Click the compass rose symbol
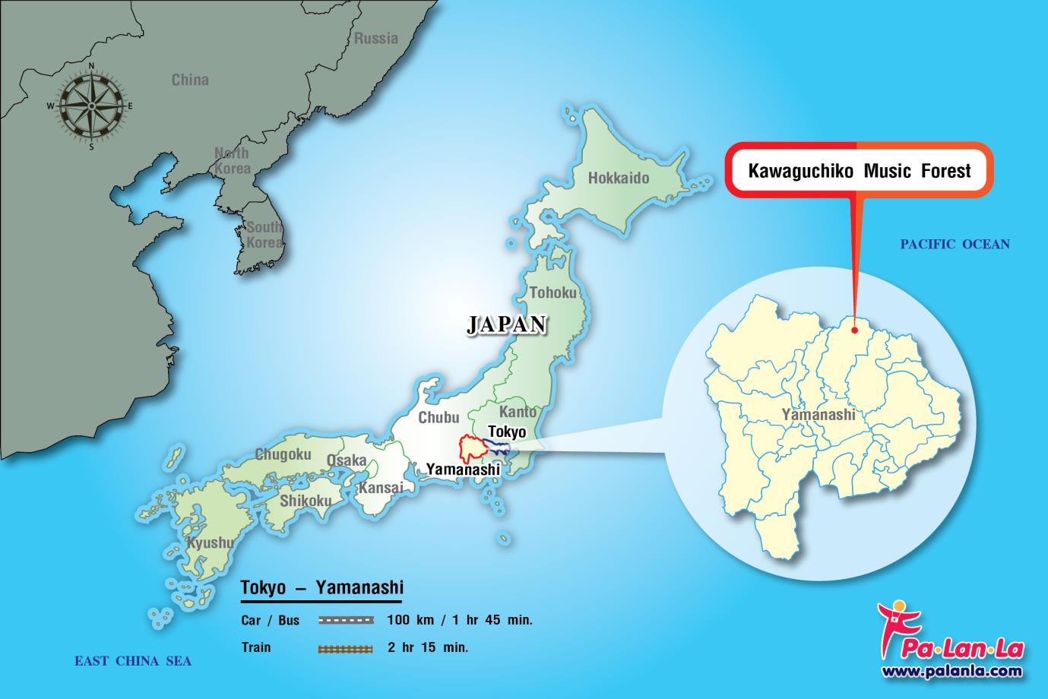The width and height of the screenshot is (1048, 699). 92,106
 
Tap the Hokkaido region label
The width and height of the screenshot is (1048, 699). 619,179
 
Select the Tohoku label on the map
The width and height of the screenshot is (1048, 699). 552,293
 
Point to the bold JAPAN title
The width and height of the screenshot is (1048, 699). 506,324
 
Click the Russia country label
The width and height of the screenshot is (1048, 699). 376,38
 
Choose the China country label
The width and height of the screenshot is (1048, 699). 190,80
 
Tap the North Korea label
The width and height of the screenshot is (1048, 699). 232,161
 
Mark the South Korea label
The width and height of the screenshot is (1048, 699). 264,235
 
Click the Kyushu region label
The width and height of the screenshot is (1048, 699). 210,543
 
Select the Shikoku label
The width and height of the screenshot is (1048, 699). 306,501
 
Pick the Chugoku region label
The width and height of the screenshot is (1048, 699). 283,455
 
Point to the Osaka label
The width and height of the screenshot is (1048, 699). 347,460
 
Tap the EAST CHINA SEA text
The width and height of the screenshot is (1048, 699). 133,661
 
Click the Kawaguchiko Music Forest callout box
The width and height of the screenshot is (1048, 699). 859,170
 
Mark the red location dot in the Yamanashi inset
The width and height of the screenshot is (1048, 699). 855,331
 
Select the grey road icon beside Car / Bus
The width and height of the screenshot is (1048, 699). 346,620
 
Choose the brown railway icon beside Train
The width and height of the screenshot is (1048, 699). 346,649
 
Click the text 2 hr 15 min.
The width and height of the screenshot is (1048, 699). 428,648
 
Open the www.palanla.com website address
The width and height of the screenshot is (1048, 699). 952,672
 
